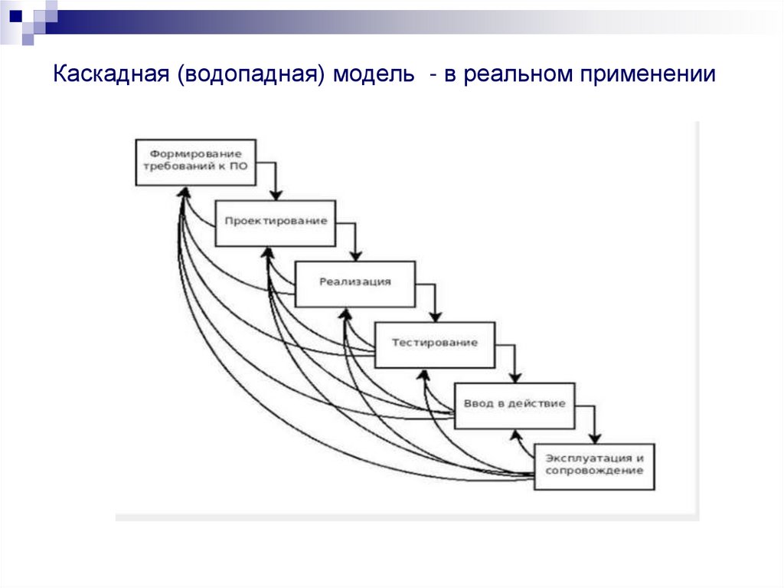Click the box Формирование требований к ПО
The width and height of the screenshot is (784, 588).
195,162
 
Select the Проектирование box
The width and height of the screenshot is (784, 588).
276,222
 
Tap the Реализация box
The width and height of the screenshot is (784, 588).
355,283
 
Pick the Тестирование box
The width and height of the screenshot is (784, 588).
435,343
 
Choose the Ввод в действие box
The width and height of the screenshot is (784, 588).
514,404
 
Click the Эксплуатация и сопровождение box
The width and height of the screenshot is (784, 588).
594,465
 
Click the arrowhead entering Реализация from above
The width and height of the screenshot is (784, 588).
356,256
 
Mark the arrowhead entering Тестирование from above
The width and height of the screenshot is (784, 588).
436,317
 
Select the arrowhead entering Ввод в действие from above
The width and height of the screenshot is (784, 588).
515,377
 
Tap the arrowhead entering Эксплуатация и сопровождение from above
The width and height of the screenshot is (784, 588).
594,438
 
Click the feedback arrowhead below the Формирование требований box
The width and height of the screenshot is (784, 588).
181,192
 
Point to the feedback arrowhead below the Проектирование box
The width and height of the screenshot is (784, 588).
266,252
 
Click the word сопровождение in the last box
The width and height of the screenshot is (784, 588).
594,471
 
